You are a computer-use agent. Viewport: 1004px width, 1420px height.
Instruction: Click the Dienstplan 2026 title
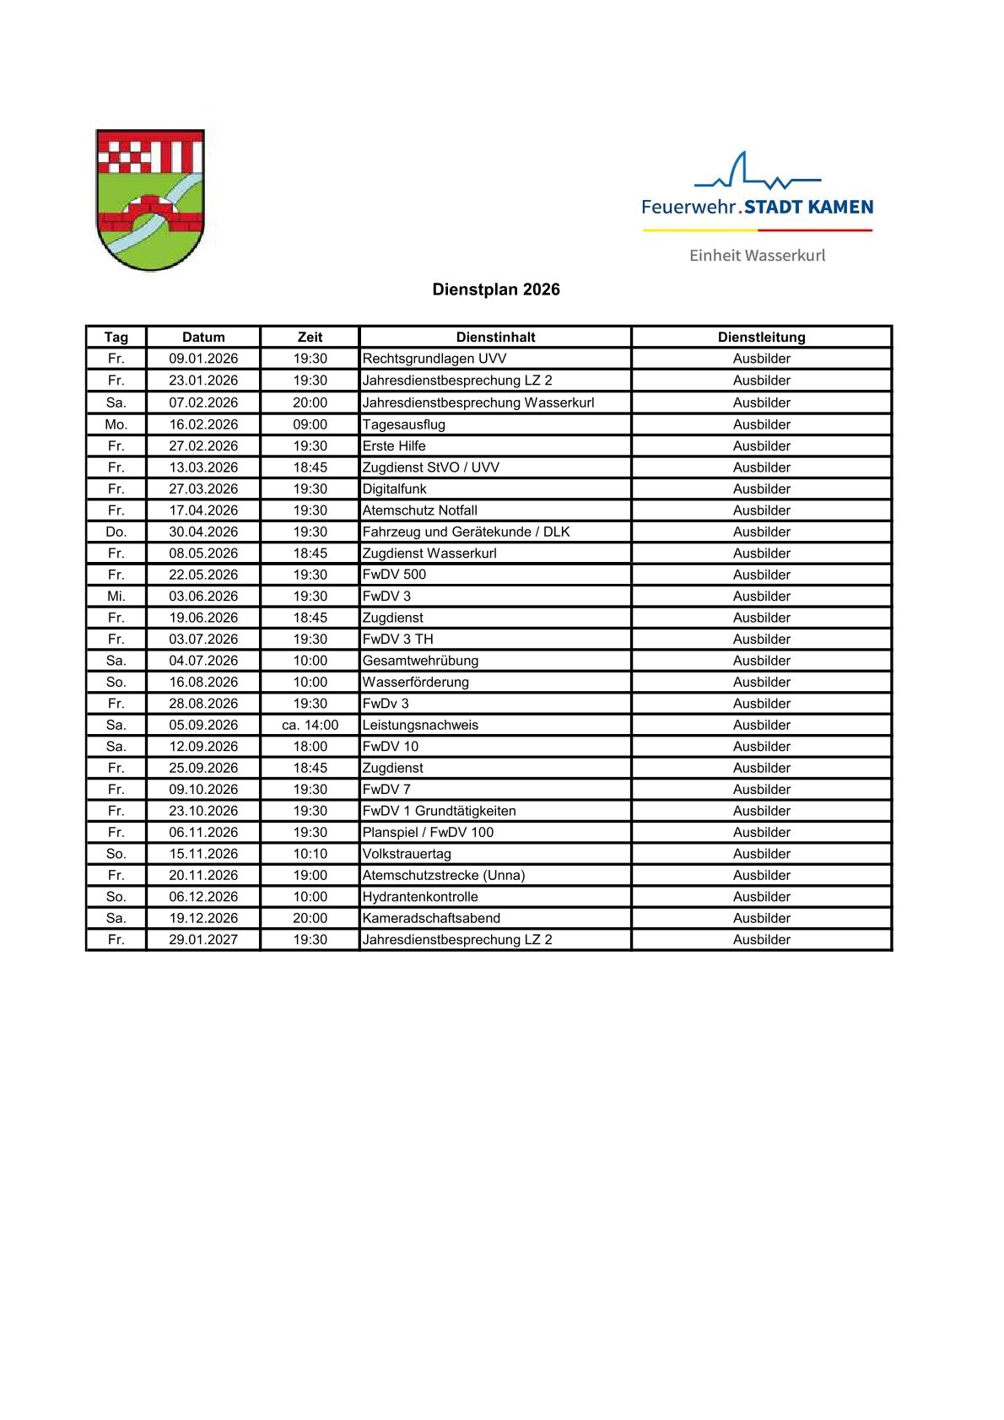[x=495, y=289]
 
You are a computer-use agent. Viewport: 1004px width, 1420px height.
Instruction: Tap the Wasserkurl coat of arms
[x=150, y=200]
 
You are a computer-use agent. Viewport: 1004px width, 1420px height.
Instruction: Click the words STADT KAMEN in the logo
[x=808, y=207]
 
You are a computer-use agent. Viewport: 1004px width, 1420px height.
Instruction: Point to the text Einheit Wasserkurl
[x=757, y=256]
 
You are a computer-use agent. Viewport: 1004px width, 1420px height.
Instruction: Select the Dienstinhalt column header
[x=495, y=337]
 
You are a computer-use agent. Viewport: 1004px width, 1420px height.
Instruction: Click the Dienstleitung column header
[x=761, y=337]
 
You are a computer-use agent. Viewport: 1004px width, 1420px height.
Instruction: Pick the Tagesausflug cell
[x=403, y=424]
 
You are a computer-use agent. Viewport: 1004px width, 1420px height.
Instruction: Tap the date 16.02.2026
[x=203, y=424]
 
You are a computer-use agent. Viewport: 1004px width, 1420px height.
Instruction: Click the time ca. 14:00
[x=310, y=725]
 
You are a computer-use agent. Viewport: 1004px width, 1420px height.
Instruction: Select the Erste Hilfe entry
[x=394, y=445]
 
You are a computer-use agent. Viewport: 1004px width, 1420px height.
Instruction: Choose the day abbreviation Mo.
[x=116, y=424]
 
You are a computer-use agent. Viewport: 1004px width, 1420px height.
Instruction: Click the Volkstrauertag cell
[x=407, y=854]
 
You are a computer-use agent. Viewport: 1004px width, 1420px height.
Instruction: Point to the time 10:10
[x=310, y=854]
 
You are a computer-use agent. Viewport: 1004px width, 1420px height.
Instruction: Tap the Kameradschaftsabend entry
[x=431, y=918]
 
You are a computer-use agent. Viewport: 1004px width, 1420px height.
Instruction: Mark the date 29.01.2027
[x=203, y=939]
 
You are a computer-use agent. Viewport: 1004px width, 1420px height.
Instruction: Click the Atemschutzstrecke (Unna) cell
[x=443, y=875]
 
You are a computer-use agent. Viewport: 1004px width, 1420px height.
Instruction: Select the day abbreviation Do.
[x=116, y=532]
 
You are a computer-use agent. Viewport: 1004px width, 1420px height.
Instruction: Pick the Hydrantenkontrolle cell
[x=420, y=897]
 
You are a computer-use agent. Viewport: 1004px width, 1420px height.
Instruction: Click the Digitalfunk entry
[x=394, y=489]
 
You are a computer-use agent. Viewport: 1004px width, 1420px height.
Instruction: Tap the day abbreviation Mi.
[x=116, y=596]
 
